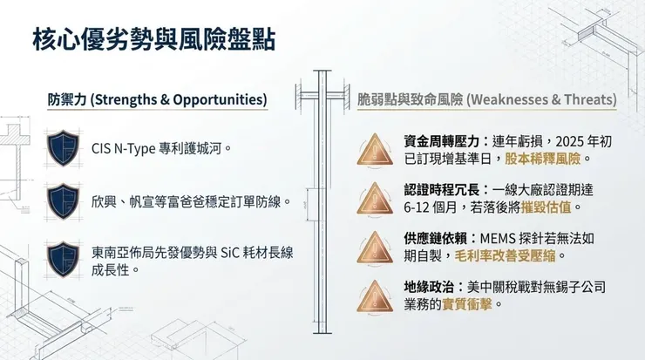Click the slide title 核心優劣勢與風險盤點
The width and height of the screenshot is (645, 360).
156,40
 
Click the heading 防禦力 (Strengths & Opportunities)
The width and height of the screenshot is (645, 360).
157,99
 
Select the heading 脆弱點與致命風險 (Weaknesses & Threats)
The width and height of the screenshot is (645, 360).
487,99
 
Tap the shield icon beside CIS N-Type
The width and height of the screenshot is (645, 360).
64,148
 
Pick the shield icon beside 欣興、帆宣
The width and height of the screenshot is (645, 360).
64,201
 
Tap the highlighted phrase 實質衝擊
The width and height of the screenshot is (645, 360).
465,304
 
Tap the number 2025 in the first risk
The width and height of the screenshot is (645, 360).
557,141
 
